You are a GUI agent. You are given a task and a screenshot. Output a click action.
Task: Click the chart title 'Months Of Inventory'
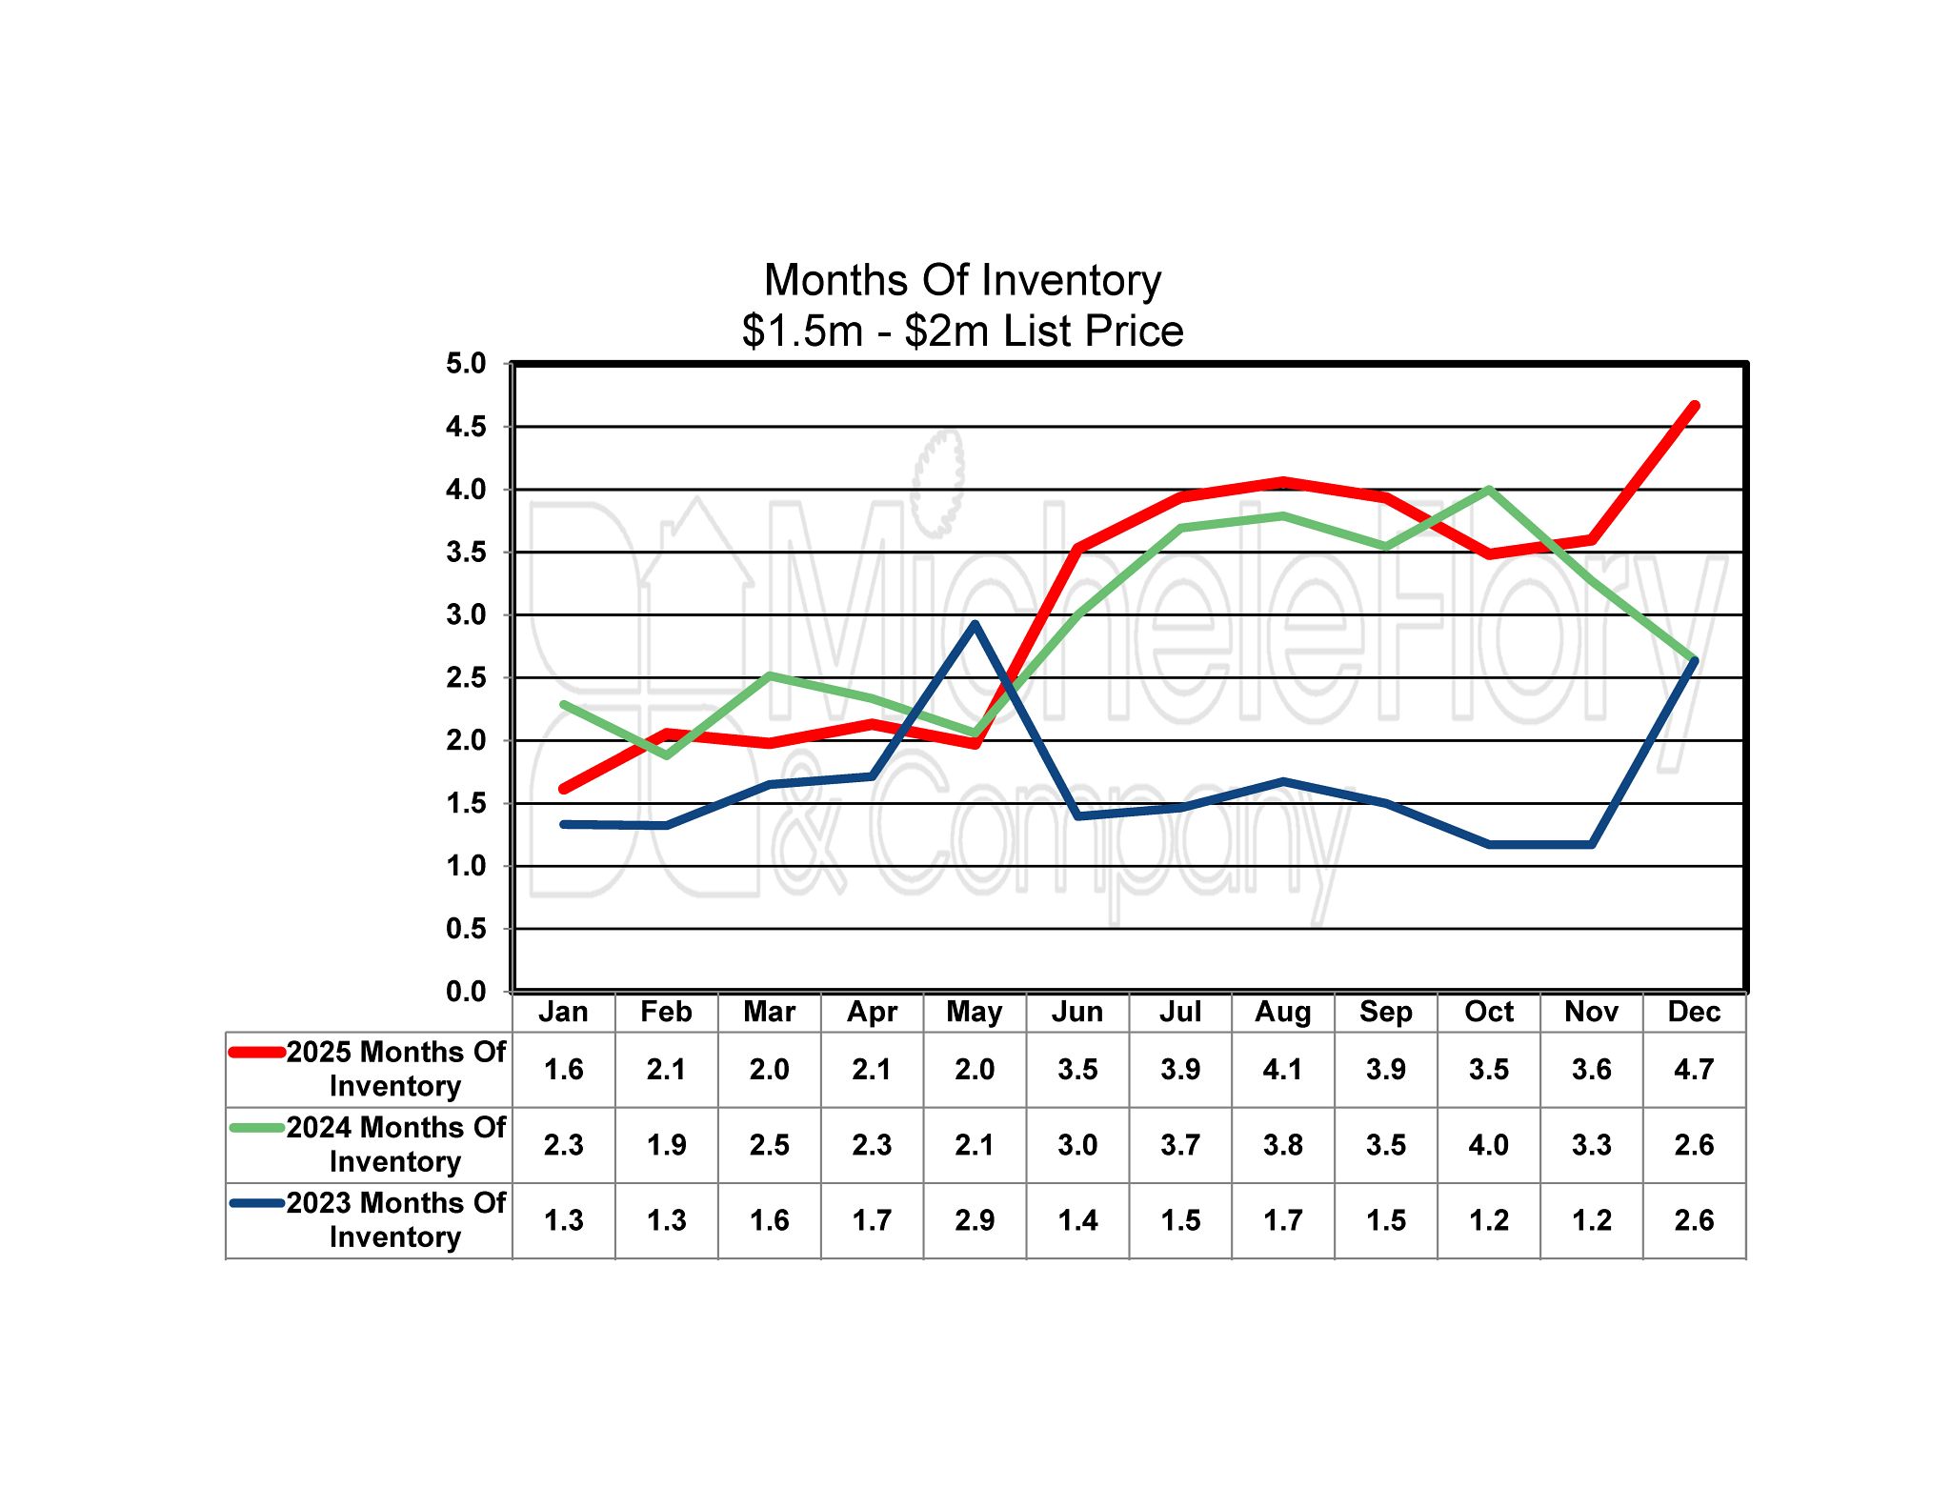962,281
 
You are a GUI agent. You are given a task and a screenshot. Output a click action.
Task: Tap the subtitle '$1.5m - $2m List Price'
962,332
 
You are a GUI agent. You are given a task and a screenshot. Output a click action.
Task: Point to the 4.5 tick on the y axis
466,427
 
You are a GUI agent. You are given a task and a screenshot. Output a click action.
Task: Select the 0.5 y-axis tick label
466,929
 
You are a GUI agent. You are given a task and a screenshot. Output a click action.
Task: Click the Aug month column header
1282,1012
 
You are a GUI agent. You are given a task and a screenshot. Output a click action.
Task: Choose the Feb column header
666,1012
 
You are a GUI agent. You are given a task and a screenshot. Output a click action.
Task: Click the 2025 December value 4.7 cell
1694,1070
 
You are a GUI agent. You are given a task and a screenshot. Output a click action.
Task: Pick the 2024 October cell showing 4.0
1488,1145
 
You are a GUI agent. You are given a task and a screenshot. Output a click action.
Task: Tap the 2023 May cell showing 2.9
975,1220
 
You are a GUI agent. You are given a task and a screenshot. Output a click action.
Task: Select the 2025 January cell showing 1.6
563,1070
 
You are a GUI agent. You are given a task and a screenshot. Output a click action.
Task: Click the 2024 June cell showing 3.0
1077,1145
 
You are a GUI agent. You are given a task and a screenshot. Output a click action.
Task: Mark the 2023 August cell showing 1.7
1282,1220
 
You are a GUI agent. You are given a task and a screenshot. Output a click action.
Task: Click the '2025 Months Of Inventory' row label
395,1069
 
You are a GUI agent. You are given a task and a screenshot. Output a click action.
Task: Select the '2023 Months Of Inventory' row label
395,1220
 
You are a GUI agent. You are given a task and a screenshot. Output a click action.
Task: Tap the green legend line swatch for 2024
257,1128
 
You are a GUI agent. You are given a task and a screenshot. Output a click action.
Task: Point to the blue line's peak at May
975,625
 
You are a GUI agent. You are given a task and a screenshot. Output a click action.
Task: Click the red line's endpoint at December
1694,406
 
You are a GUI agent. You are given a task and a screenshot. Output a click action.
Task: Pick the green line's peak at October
1488,490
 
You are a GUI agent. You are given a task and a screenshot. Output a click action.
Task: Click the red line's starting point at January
563,789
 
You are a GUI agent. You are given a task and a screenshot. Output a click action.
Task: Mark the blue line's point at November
1591,844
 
